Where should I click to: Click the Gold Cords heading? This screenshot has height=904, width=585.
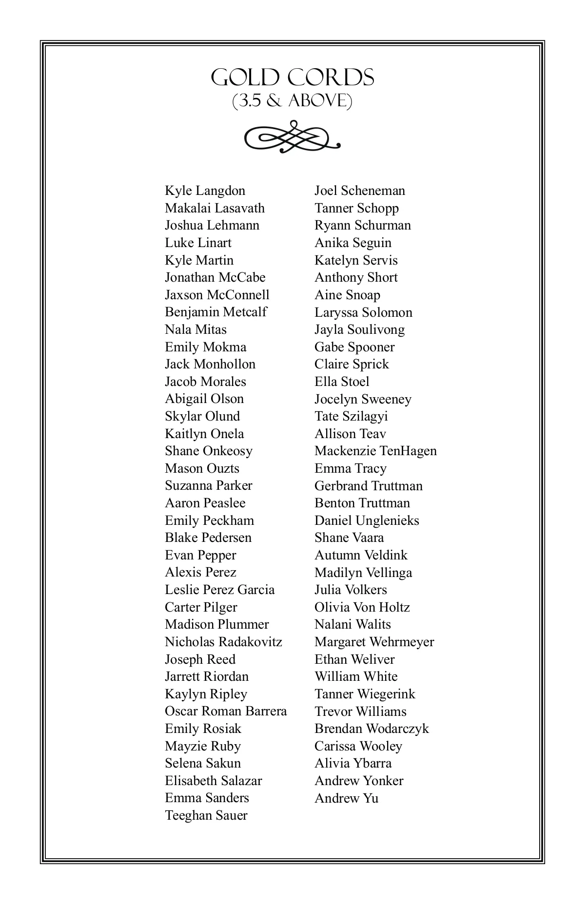click(292, 77)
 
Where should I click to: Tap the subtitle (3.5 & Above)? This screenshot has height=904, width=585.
click(292, 101)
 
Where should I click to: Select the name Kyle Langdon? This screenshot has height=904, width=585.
click(205, 191)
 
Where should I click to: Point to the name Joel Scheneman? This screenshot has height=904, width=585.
click(360, 191)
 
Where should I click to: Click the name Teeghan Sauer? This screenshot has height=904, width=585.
click(206, 815)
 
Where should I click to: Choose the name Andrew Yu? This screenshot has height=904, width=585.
click(346, 798)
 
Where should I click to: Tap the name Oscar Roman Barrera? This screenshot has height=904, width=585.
click(226, 711)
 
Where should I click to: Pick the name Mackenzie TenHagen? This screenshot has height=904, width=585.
click(375, 451)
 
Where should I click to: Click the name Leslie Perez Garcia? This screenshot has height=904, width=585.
click(219, 590)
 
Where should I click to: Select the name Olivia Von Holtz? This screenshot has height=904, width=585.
click(362, 607)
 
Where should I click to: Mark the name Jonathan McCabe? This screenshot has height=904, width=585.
click(215, 277)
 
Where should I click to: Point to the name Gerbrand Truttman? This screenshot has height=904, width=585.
click(369, 486)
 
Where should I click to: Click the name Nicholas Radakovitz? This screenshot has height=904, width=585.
click(223, 642)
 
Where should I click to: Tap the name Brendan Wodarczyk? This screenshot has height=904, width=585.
click(371, 729)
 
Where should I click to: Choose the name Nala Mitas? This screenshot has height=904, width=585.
click(195, 329)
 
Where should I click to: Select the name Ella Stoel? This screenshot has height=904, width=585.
click(342, 382)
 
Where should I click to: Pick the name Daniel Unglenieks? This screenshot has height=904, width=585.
click(367, 520)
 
